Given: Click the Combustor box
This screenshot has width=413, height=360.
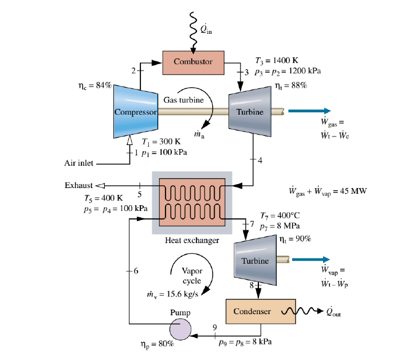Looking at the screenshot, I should (192, 62).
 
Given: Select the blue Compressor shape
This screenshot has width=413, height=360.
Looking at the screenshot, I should (135, 111).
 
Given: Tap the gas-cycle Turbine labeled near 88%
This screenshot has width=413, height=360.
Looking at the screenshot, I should (250, 111).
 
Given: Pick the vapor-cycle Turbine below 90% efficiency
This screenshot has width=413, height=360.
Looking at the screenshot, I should (255, 260).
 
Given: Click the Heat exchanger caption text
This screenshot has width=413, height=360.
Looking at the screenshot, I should (192, 241).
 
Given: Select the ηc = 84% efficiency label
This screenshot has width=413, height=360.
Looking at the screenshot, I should (95, 85).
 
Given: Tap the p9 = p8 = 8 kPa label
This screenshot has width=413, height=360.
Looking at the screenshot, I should (245, 343).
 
